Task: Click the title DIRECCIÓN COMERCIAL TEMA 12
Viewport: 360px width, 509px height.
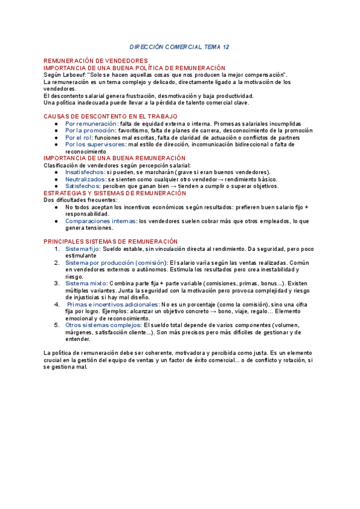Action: (x=179, y=46)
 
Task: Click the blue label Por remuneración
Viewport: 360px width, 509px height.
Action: (x=92, y=123)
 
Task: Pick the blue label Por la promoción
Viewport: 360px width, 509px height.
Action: (x=90, y=130)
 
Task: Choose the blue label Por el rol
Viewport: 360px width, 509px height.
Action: (x=79, y=137)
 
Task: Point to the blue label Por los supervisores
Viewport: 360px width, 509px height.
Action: (x=95, y=145)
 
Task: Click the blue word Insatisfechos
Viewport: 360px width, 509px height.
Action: (x=85, y=172)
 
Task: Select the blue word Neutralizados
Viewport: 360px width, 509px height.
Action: (x=85, y=179)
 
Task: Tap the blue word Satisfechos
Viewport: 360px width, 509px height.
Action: (x=82, y=186)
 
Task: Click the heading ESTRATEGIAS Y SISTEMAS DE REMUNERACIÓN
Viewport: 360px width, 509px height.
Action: (x=115, y=193)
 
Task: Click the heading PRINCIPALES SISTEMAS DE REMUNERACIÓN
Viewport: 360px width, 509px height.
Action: (x=111, y=241)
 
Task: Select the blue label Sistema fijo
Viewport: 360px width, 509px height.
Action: (x=82, y=248)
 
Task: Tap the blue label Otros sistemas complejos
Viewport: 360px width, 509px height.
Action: (x=103, y=325)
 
